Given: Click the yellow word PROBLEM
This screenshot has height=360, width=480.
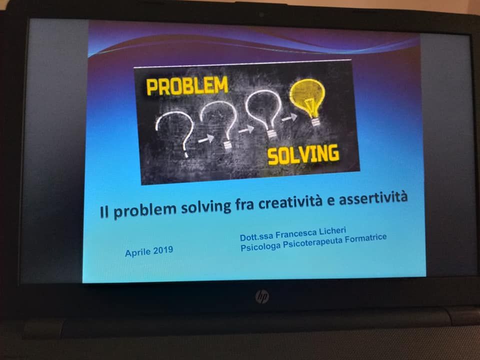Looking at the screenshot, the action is [x=187, y=85].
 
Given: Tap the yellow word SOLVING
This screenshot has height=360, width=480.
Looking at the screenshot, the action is [x=303, y=154].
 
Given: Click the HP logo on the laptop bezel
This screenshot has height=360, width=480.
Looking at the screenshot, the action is [x=262, y=296].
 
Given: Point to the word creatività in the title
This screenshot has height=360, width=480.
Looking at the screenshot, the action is [x=290, y=201].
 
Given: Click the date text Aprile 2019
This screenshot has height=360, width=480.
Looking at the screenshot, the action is [x=149, y=251].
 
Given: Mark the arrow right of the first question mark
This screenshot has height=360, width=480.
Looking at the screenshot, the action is [x=206, y=139].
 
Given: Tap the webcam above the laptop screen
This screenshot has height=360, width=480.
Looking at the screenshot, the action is [x=261, y=14].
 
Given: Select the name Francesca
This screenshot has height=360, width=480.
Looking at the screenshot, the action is [x=296, y=234].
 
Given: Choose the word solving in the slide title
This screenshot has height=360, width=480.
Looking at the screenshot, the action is [x=206, y=207].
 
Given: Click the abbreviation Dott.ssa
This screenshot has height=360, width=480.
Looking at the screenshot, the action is [x=256, y=237].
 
